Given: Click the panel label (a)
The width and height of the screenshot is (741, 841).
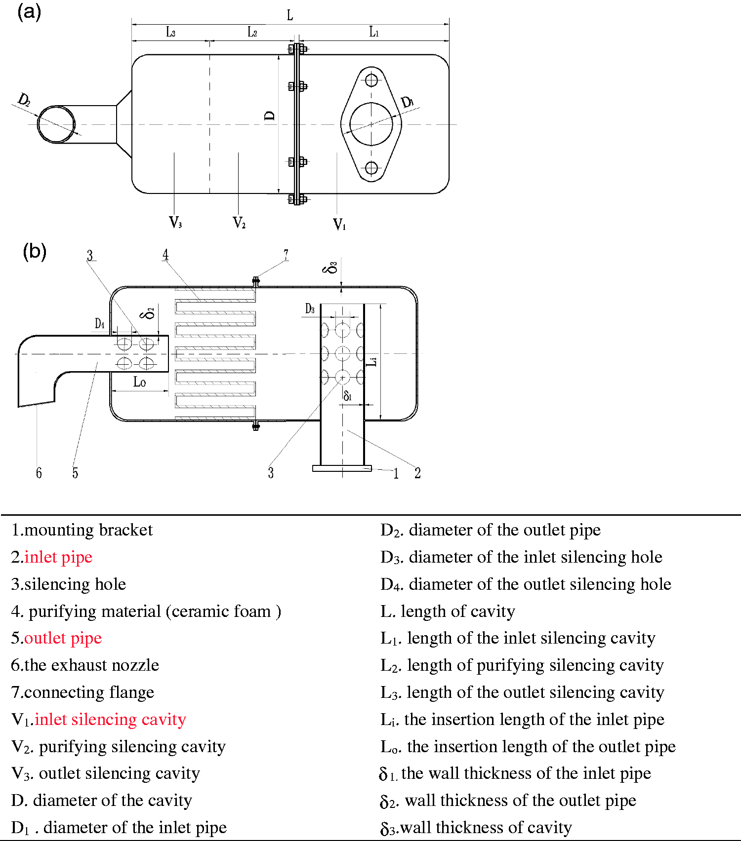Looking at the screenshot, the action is (29, 11).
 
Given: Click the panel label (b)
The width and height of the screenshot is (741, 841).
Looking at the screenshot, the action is (35, 251).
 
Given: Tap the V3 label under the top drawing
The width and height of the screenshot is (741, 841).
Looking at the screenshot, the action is (175, 222).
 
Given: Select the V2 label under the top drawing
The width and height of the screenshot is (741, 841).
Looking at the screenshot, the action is (239, 223).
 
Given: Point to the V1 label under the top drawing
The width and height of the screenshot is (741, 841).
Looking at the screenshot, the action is (339, 225).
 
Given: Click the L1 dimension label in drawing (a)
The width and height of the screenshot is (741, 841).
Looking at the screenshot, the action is (374, 32).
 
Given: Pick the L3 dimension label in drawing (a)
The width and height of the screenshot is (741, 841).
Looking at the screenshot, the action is (170, 33).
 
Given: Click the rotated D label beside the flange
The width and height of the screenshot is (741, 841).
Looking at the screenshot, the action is (270, 115).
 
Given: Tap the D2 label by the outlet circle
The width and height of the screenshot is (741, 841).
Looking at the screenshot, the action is (24, 100).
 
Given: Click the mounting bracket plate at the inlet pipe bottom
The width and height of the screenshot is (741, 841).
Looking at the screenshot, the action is (342, 468).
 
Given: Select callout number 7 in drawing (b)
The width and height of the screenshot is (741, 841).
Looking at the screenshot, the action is (286, 254).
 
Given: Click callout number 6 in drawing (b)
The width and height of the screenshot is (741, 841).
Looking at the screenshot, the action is (39, 473).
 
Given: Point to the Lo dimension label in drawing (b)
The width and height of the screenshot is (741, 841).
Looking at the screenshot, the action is (139, 382).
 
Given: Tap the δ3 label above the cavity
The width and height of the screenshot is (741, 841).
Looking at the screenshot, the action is (330, 268).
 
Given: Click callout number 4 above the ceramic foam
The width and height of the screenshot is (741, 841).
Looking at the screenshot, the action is (165, 255).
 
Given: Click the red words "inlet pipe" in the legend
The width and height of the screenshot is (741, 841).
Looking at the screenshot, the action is (58, 557).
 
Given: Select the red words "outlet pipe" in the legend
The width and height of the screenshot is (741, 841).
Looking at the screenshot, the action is (63, 638).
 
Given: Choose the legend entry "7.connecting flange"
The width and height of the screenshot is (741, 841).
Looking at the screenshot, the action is (82, 692).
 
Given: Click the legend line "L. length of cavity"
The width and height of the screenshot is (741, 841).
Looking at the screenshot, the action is (448, 612).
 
